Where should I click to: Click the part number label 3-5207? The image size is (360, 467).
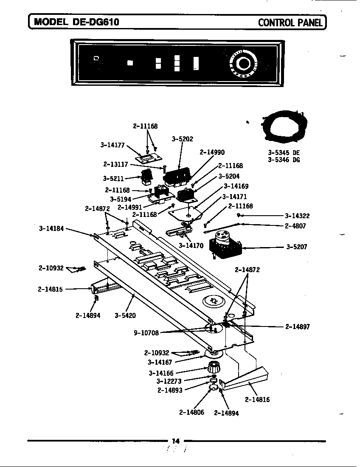(297, 247)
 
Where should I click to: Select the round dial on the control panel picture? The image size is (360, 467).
(243, 64)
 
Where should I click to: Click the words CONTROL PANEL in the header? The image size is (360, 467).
(290, 22)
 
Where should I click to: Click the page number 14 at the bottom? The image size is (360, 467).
(176, 441)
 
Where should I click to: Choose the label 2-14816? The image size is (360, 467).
(257, 399)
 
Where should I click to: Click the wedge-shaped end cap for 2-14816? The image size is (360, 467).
(246, 379)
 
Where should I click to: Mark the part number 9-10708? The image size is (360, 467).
(146, 333)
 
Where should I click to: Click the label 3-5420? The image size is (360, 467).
(125, 315)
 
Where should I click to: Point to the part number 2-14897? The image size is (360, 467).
(297, 326)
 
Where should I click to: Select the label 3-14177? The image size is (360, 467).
(112, 145)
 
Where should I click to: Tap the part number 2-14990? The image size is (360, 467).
(212, 152)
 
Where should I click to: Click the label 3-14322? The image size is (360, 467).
(297, 216)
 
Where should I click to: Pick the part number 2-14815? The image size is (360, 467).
(50, 289)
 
